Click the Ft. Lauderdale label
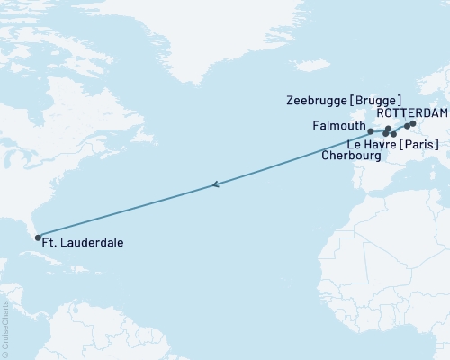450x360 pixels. pyautogui.click(x=84, y=242)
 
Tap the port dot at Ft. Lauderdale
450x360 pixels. pyautogui.click(x=38, y=238)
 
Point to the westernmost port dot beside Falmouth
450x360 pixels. pyautogui.click(x=371, y=131)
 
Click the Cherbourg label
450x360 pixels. pyautogui.click(x=351, y=155)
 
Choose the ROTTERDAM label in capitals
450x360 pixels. pyautogui.click(x=412, y=113)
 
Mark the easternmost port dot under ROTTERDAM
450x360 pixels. pyautogui.click(x=413, y=123)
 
